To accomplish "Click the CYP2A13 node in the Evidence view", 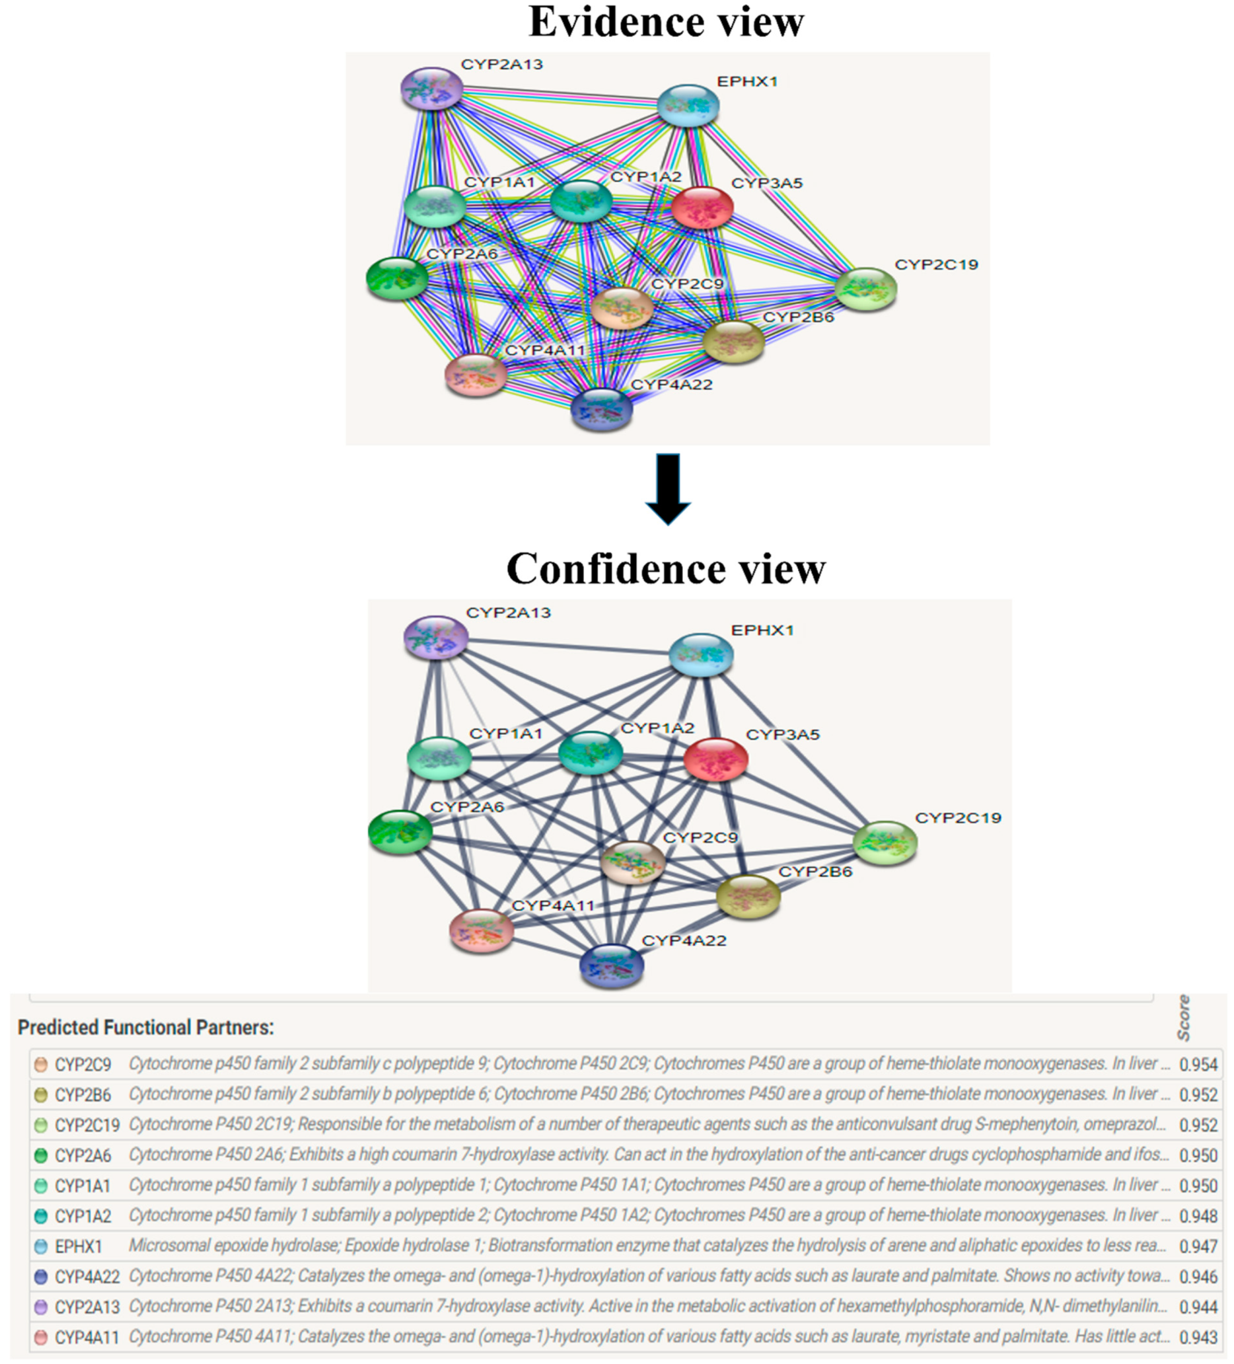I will [x=432, y=89].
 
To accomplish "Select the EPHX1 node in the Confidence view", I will [x=700, y=655].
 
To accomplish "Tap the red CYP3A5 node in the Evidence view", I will [x=702, y=206].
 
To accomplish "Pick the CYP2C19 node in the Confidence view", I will [x=885, y=843].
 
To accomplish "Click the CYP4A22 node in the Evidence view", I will [x=601, y=409].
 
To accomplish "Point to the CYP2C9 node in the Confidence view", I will [x=633, y=862].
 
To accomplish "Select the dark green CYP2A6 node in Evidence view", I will [x=397, y=278].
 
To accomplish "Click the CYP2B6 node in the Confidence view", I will [x=748, y=897].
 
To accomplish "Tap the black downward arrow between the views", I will [x=668, y=488].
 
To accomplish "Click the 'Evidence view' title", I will [x=666, y=22].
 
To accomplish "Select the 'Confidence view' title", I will [x=666, y=568].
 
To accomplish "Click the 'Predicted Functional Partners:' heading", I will [x=145, y=1027].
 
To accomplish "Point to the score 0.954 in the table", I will [x=1198, y=1064].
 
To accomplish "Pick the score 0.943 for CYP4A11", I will [x=1198, y=1337].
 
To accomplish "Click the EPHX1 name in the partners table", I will [x=79, y=1246].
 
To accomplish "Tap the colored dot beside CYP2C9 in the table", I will [x=40, y=1064].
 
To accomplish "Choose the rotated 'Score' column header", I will [x=1183, y=1018].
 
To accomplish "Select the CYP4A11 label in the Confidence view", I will [x=553, y=905].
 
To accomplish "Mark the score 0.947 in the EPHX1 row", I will [x=1198, y=1246].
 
